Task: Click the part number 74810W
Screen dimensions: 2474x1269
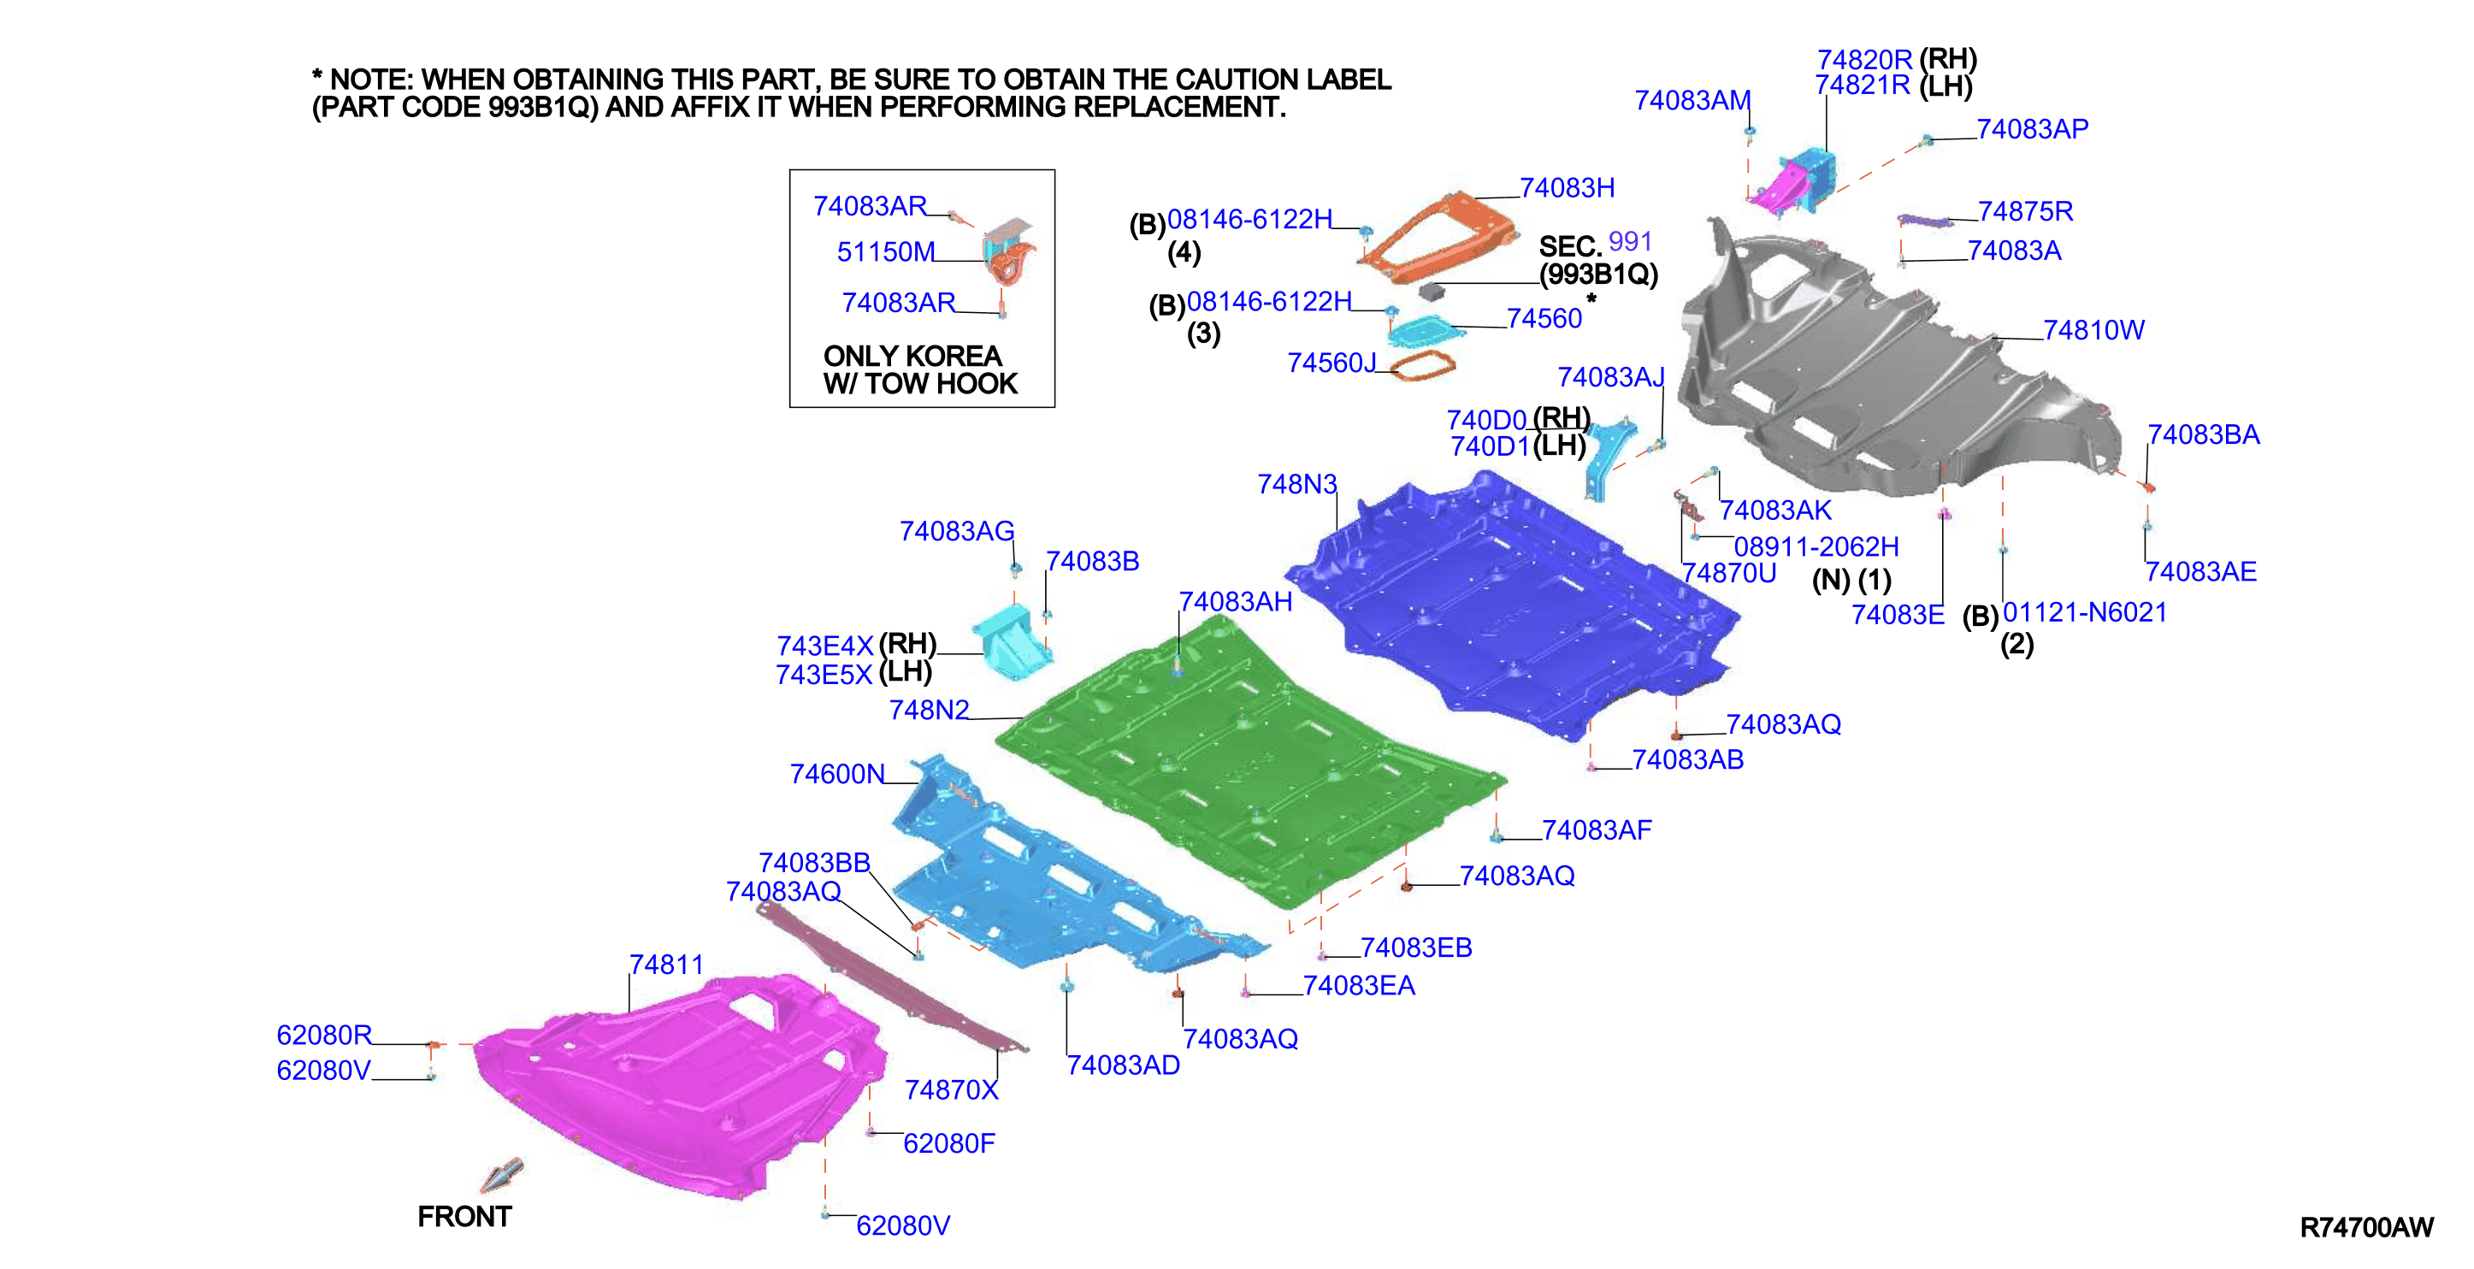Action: pyautogui.click(x=2093, y=329)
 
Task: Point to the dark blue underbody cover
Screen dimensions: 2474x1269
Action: pyautogui.click(x=1513, y=605)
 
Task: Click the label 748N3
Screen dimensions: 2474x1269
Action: pyautogui.click(x=1296, y=484)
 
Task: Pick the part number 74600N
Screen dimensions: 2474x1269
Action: pyautogui.click(x=836, y=773)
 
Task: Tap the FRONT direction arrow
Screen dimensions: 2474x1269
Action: pyautogui.click(x=502, y=1174)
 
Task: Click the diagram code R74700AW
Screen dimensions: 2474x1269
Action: pyautogui.click(x=2366, y=1227)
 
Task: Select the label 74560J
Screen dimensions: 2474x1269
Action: pyautogui.click(x=1331, y=363)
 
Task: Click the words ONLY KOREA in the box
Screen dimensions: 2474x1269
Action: pyautogui.click(x=912, y=356)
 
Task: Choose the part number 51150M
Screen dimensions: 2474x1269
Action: pyautogui.click(x=885, y=251)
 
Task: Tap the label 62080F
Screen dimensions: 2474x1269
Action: pyautogui.click(x=949, y=1143)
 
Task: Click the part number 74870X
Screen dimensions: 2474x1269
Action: pyautogui.click(x=951, y=1089)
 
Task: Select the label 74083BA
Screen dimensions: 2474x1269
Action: pyautogui.click(x=2203, y=434)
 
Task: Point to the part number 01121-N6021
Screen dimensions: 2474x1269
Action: pyautogui.click(x=2084, y=612)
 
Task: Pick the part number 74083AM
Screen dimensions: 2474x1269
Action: pyautogui.click(x=1692, y=100)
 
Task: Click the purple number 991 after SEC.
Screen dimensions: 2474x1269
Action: pyautogui.click(x=1630, y=241)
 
